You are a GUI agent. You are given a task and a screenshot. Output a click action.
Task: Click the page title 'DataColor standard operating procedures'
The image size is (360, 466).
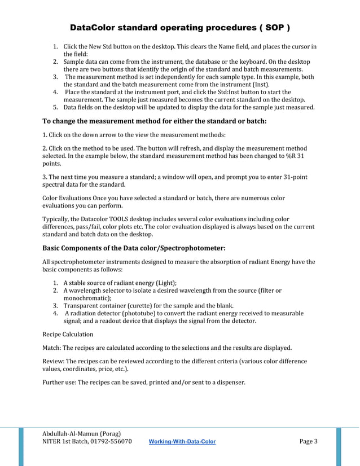[179, 28]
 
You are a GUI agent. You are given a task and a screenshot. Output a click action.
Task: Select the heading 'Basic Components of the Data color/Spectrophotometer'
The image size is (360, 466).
[134, 248]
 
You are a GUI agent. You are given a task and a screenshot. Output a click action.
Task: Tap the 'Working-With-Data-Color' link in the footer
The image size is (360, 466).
[182, 441]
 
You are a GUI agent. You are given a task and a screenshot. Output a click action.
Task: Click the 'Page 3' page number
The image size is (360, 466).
[308, 441]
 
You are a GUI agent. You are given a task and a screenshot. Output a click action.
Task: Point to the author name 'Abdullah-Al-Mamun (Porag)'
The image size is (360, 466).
[82, 433]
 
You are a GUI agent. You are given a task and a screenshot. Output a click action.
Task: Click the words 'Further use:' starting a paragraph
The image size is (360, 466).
[59, 383]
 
